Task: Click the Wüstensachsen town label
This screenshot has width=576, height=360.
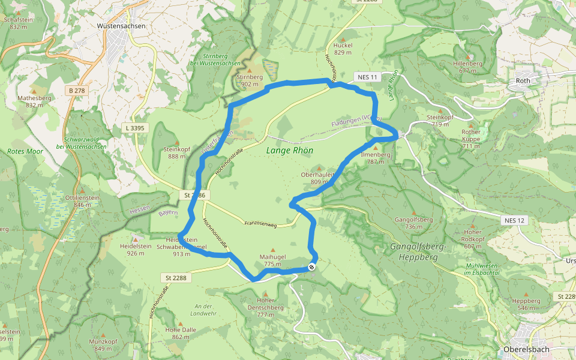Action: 121,26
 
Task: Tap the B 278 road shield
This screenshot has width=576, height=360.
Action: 77,91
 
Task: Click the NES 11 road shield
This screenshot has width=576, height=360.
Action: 368,77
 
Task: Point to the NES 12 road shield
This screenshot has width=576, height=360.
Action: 514,220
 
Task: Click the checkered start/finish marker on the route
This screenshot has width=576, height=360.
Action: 312,267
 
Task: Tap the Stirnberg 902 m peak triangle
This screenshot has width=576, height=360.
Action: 250,70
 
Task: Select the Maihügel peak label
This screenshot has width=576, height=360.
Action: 272,256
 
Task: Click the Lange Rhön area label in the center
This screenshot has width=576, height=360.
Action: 290,150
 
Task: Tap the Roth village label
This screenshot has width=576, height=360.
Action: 523,80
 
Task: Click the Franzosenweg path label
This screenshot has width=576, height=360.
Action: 260,224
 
